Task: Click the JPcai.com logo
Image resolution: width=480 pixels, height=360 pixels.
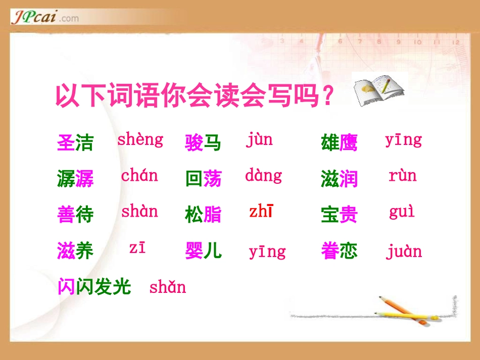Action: coord(44,18)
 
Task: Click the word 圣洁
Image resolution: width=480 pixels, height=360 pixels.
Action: coord(76,143)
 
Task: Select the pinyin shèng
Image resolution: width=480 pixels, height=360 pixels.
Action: coord(140,140)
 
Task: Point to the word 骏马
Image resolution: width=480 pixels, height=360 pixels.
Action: coord(203,143)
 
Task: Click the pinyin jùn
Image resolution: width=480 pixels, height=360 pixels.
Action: coord(259,139)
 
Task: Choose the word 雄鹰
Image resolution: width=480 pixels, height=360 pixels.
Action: coord(339,143)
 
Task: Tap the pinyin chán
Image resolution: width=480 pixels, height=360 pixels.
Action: coord(139,176)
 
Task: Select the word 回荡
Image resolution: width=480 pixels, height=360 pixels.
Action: coord(203,179)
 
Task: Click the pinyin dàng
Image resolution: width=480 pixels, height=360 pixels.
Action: coord(263,176)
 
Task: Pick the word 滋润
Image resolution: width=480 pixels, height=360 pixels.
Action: coord(339,179)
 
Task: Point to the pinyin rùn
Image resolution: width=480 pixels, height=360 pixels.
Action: coord(402,176)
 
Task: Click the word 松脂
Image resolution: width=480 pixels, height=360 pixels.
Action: coord(203,215)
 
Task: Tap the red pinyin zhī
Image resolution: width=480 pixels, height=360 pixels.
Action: coord(261,212)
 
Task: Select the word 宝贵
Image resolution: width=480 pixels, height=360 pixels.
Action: coord(339,215)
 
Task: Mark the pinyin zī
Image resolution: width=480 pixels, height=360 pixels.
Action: coord(137,248)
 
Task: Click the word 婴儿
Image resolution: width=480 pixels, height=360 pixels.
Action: coord(203,250)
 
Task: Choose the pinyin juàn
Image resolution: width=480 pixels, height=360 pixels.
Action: coord(404,251)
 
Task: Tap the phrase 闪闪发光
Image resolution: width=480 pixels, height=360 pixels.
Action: coord(94,287)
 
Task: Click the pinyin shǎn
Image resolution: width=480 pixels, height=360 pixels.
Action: coord(167,287)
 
